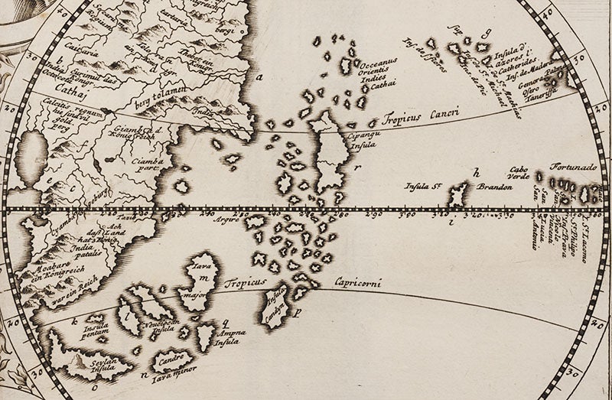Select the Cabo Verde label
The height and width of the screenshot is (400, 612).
tap(519, 176)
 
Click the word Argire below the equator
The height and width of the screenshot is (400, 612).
tap(226, 217)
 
